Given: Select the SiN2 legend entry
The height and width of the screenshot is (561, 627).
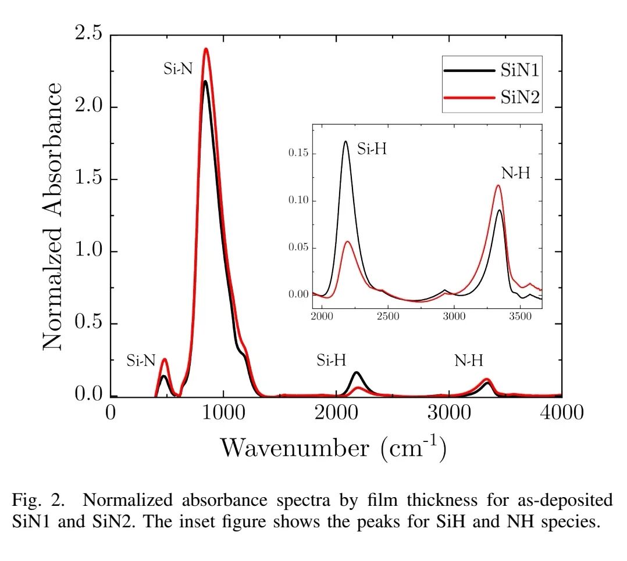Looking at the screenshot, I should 519,98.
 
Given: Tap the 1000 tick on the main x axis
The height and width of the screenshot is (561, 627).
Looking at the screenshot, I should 223,412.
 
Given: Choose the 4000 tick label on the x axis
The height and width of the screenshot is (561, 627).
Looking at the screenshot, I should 561,412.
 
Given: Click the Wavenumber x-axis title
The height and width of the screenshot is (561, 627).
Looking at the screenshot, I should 333,448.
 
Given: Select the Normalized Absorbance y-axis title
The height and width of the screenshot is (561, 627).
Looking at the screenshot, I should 53,215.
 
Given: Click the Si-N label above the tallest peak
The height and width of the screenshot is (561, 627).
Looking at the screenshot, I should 177,69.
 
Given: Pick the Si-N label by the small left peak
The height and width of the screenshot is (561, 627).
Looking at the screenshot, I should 141,361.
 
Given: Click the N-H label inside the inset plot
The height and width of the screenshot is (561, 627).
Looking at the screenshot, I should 516,172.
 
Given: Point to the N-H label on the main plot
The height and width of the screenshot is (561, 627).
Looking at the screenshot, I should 469,361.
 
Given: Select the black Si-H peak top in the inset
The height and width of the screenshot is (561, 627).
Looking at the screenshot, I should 345,141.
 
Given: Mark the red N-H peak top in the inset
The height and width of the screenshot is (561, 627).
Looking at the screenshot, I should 498,185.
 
